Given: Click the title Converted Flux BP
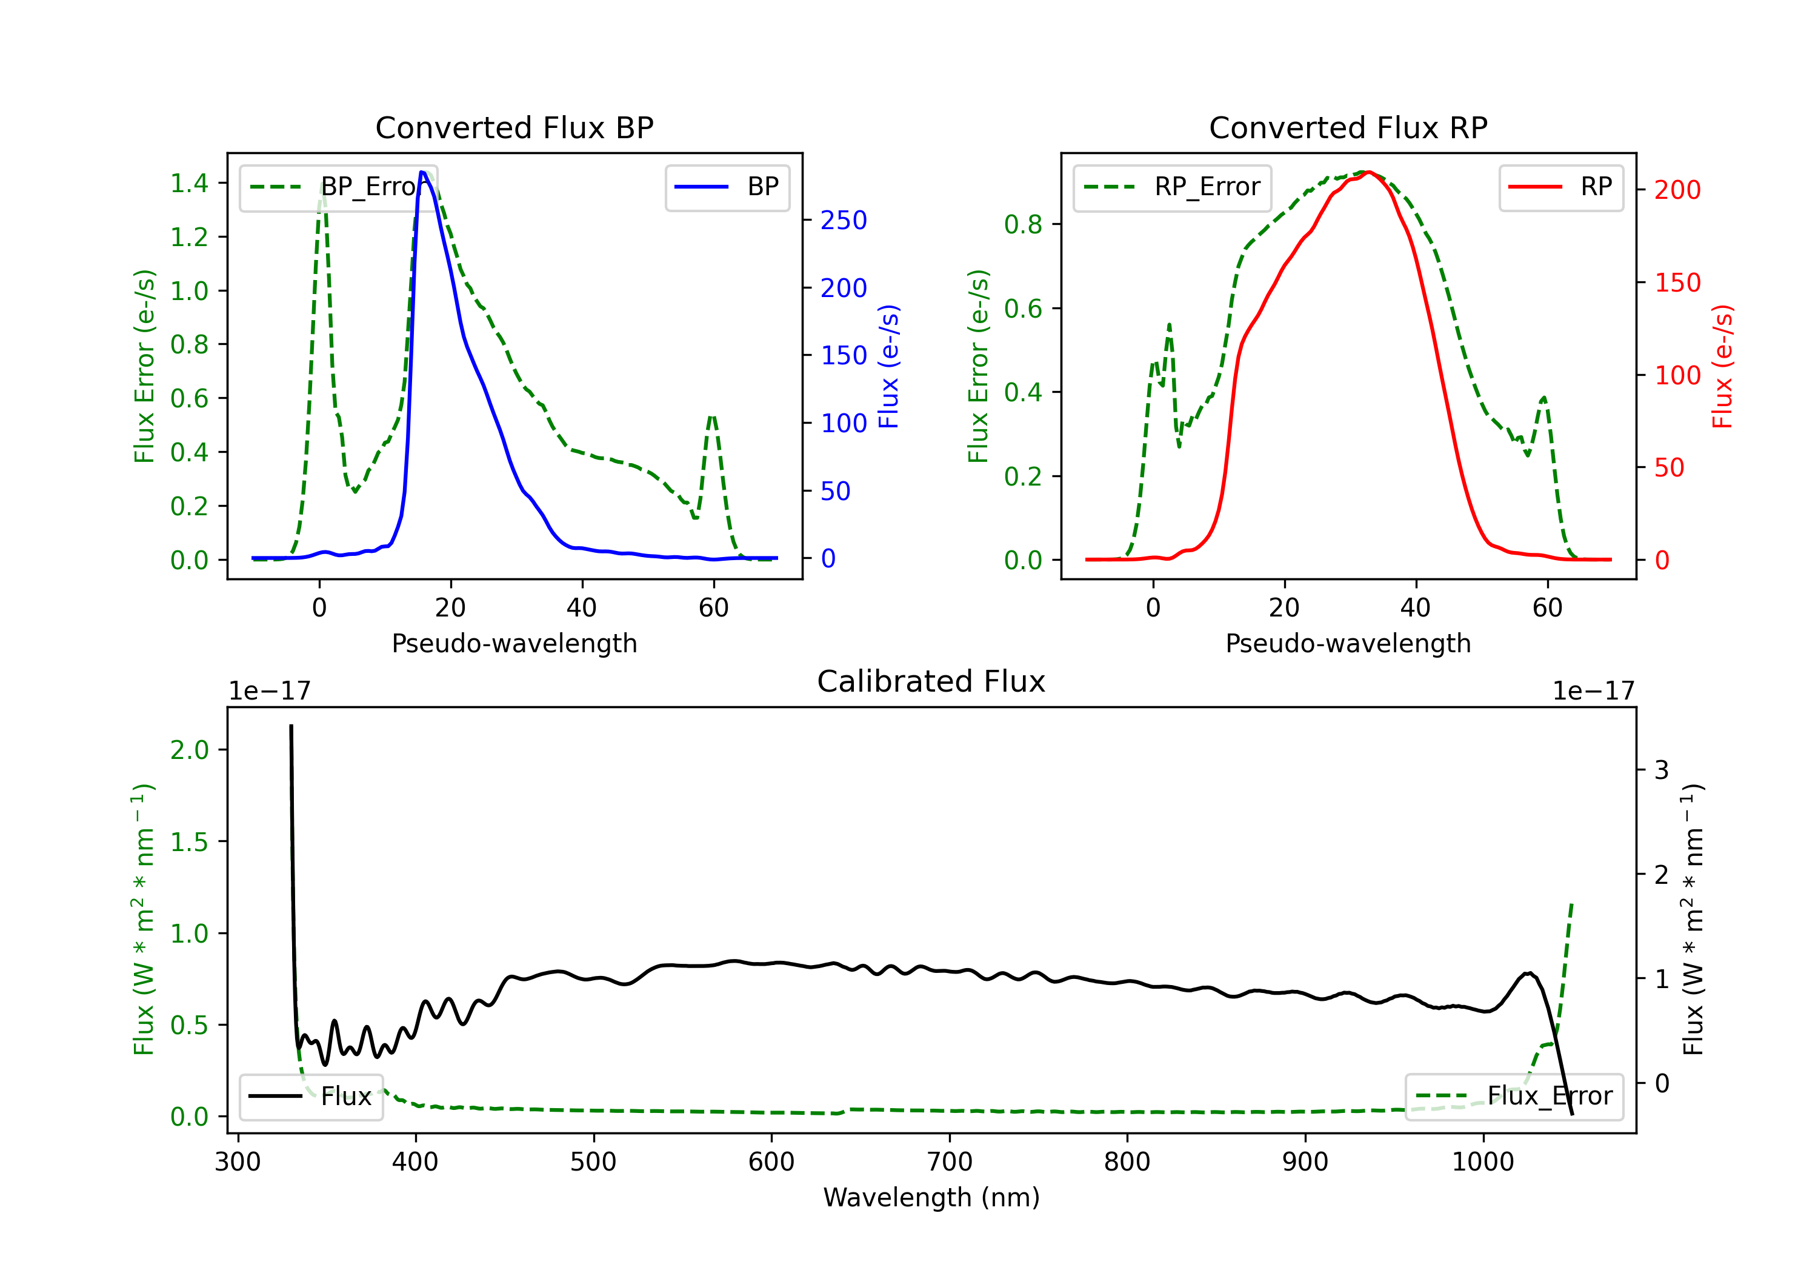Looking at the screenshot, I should click(x=514, y=127).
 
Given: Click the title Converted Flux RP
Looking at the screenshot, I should click(x=1348, y=127).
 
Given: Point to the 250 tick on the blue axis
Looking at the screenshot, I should click(x=844, y=220).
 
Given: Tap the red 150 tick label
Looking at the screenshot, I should click(x=1677, y=283).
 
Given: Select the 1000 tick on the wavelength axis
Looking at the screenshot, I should click(x=1482, y=1161).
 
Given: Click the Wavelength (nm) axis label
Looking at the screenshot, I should click(x=931, y=1197).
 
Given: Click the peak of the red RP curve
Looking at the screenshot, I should click(x=1369, y=172).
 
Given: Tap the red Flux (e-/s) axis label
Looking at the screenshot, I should click(x=1723, y=367).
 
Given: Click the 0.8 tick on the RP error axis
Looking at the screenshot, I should click(x=1023, y=224).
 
